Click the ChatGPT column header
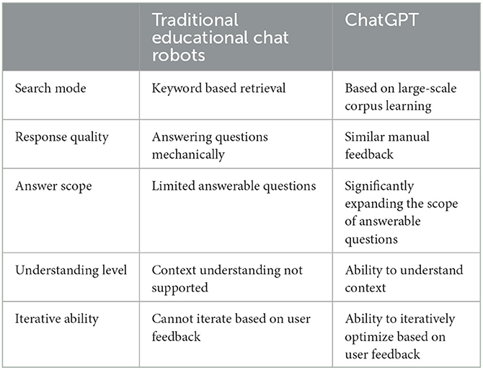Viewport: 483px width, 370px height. coord(381,20)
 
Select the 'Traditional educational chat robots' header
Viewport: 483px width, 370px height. coord(221,38)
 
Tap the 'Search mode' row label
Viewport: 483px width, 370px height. coord(50,89)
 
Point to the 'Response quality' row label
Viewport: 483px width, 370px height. coord(62,138)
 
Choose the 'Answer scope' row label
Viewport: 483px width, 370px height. coord(53,186)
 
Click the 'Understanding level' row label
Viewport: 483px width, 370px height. coord(71,270)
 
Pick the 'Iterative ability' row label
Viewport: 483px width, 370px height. coord(57,319)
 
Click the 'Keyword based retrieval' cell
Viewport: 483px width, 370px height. coord(218,89)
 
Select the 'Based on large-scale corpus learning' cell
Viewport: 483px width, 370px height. coord(400,97)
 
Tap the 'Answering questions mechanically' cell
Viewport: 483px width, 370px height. coord(210,146)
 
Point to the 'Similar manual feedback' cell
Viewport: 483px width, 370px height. coord(387,146)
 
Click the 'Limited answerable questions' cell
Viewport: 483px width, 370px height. coord(234,186)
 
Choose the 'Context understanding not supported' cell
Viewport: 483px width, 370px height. coord(227,279)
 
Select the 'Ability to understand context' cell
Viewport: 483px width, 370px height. coord(404,279)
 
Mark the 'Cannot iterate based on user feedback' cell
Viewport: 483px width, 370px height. coord(231,327)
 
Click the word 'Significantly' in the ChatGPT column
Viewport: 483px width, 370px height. coord(379,186)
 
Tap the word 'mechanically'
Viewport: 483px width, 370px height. coord(188,154)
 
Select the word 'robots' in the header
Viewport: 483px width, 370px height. coord(178,56)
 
